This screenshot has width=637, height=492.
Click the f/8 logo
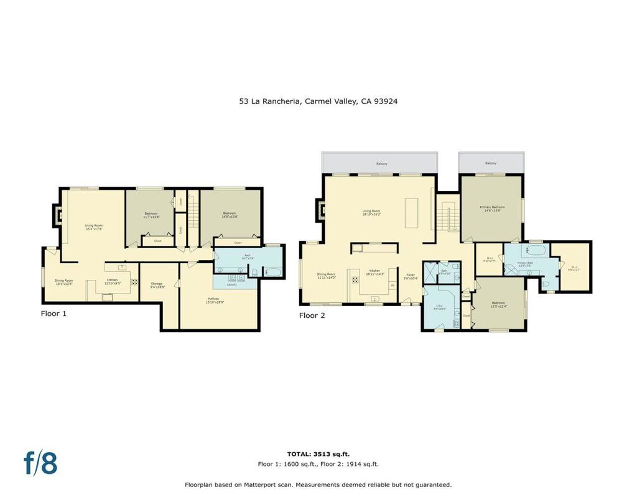pos(40,463)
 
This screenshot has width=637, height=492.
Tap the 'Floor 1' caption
pos(53,314)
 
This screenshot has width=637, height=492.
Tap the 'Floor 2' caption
pos(312,315)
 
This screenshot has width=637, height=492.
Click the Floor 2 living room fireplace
pos(321,209)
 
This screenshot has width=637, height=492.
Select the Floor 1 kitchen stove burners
pos(134,281)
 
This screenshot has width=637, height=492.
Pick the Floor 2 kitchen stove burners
pos(355,279)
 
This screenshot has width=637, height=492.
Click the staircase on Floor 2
pos(447,218)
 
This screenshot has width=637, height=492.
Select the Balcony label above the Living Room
pos(381,164)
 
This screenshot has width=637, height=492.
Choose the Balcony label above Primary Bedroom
pos(491,164)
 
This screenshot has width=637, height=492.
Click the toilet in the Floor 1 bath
pos(254,271)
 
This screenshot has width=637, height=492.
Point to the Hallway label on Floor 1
pos(216,300)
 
